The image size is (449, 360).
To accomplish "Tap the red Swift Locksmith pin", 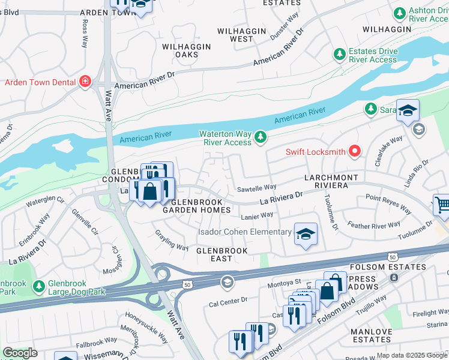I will click(354, 151).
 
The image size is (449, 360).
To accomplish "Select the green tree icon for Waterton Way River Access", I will click(260, 137).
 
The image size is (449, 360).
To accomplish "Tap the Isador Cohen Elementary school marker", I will click(306, 234).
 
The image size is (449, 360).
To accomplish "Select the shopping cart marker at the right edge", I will click(442, 206).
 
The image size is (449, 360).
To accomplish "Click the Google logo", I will click(20, 353).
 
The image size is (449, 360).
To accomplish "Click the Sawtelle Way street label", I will click(256, 187).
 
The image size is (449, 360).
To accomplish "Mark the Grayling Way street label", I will click(171, 239).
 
